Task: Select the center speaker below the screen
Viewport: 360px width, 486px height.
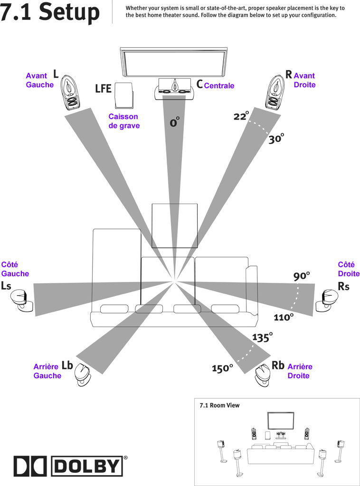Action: click(174, 90)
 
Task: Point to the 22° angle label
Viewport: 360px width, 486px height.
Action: click(241, 116)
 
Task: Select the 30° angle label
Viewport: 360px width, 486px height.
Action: click(276, 139)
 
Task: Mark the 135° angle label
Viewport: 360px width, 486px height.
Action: click(262, 337)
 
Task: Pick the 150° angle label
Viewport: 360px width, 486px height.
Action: click(222, 368)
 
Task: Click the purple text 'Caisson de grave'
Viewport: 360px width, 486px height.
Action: click(123, 121)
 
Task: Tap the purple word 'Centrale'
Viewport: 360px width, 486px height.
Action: click(219, 86)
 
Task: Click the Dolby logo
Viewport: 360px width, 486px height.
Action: click(71, 466)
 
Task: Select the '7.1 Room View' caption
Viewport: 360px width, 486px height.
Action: click(220, 405)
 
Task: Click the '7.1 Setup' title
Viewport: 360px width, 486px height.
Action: click(50, 12)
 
